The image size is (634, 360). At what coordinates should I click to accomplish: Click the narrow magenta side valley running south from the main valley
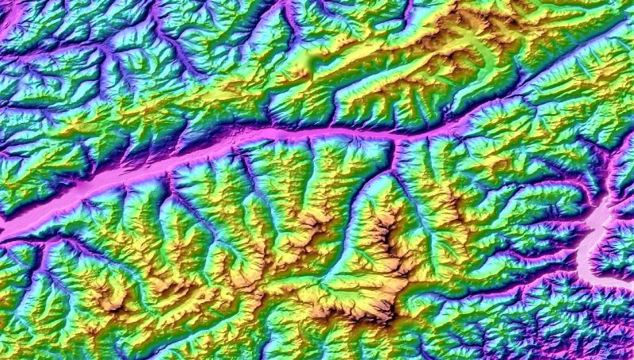(x=391, y=159)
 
